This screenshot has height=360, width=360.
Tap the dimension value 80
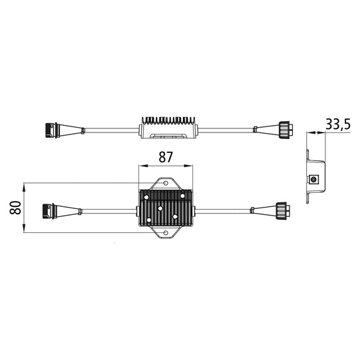pyautogui.click(x=15, y=207)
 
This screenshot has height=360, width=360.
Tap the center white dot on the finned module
pyautogui.click(x=161, y=208)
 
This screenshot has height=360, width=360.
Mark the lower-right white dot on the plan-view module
pyautogui.click(x=174, y=217)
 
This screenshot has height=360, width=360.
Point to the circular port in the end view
pyautogui.click(x=313, y=180)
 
